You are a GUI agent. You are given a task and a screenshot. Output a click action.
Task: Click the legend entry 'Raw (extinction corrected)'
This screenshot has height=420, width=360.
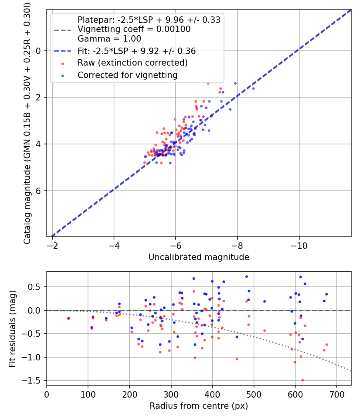tap(132, 63)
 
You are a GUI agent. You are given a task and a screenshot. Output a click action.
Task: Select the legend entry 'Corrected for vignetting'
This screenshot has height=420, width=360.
tap(127, 75)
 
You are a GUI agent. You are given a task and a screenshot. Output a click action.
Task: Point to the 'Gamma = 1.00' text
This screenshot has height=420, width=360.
tap(109, 39)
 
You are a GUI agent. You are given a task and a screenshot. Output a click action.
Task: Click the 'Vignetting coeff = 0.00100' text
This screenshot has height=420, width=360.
tap(134, 29)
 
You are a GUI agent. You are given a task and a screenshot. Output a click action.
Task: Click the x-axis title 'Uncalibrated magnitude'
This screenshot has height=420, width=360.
tap(199, 257)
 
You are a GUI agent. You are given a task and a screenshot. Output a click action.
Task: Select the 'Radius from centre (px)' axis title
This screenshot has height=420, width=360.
tap(199, 406)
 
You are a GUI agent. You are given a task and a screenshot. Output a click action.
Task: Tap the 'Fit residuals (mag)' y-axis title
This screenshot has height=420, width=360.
tap(12, 328)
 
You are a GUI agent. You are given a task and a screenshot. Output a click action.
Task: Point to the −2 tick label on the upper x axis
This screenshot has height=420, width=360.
tap(52, 245)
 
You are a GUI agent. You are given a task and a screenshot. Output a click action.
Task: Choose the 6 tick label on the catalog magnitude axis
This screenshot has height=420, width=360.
tap(39, 191)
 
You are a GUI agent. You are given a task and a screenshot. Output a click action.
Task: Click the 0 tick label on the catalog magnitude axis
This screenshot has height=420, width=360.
tap(39, 51)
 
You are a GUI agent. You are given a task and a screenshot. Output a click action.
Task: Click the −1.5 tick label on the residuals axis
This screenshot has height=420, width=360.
tap(34, 380)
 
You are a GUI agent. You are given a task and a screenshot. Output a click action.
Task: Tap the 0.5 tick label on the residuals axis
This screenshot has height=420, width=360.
tap(36, 287)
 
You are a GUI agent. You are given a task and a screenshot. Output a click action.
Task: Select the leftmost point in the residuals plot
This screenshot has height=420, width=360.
tap(68, 318)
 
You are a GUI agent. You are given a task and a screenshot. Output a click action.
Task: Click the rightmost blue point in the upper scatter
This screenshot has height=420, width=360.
tap(253, 88)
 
